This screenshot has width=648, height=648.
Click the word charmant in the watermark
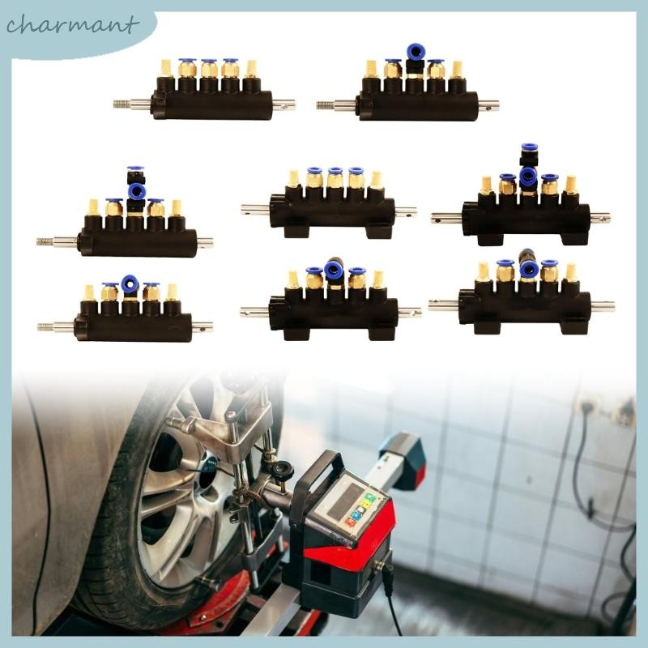(x=70, y=26)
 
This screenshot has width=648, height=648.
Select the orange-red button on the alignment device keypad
(x=350, y=522)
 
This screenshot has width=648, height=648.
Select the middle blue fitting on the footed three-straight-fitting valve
(x=335, y=173)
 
